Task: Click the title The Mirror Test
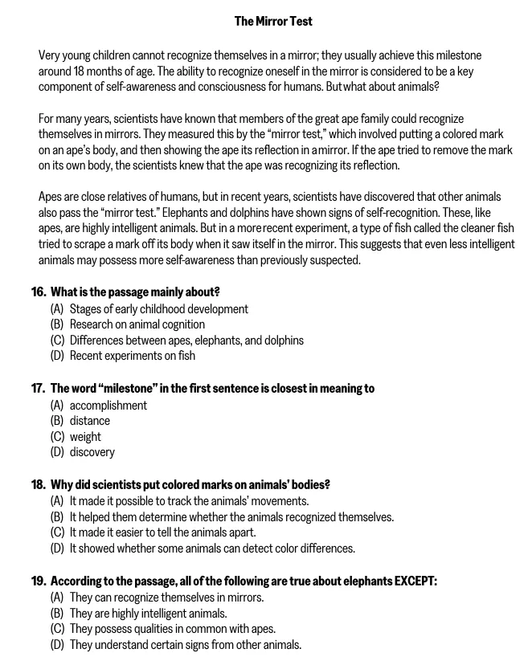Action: pos(273,21)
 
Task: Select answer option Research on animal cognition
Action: pos(137,324)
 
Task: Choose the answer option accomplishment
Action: pos(108,406)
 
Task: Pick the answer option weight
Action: pos(85,437)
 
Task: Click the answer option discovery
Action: pos(92,452)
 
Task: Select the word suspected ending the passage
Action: pos(336,260)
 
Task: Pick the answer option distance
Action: pos(89,421)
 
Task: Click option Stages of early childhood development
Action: pos(158,309)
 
